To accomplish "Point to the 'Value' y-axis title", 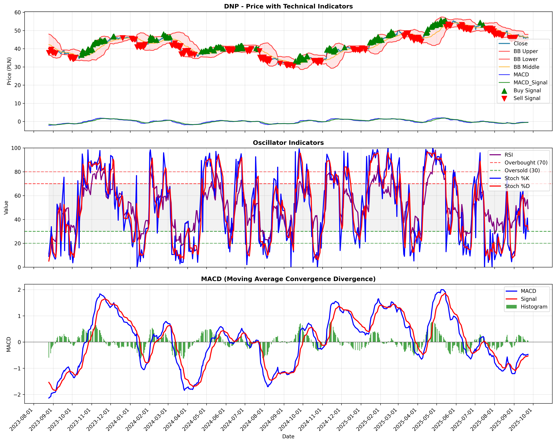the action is coord(6,208).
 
